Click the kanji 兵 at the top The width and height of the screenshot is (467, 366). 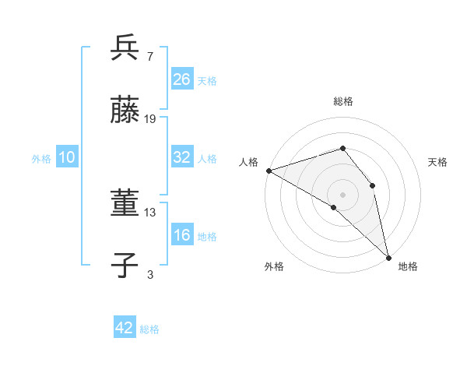125,48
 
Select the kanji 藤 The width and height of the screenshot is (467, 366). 125,111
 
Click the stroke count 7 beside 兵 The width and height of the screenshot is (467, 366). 149,56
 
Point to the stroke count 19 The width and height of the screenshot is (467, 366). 150,119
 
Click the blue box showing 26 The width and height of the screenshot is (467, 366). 182,79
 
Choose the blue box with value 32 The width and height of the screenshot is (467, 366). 182,157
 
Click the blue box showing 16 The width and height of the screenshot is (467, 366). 182,235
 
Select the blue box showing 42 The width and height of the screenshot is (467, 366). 125,328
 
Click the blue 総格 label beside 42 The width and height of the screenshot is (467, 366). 149,329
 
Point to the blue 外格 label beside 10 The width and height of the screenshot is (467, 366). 41,159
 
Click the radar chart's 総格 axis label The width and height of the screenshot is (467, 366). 343,101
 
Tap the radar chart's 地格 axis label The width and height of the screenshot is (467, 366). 408,266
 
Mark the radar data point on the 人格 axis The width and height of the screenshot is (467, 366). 268,170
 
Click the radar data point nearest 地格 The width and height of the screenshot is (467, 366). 388,256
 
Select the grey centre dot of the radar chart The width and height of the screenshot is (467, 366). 342,194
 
